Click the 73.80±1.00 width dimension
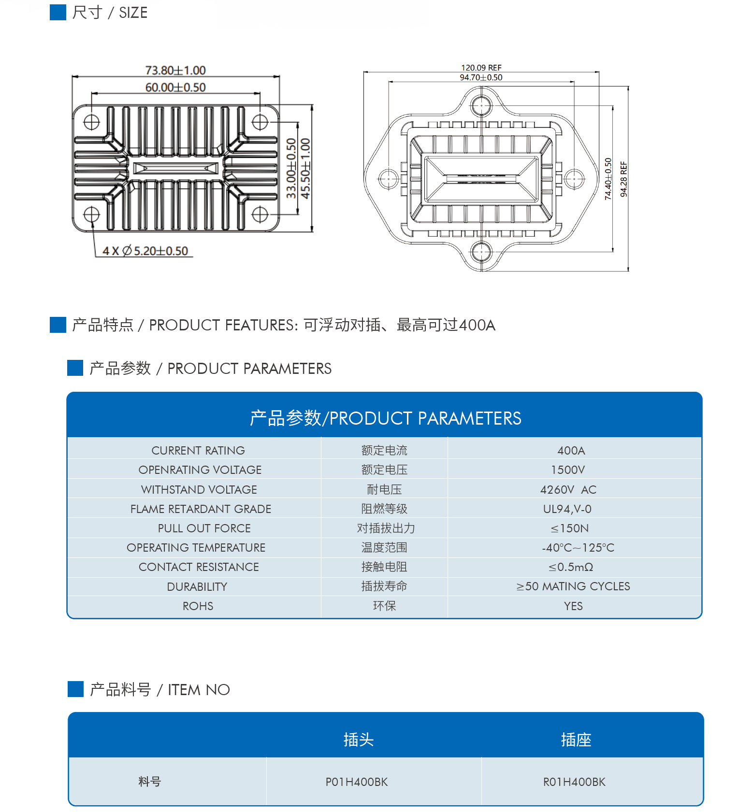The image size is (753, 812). (x=175, y=71)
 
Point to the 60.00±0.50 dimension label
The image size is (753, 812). (x=175, y=87)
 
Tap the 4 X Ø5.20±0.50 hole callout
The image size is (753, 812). (x=145, y=251)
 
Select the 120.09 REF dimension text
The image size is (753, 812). (x=481, y=68)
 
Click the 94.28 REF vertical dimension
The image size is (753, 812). (x=623, y=179)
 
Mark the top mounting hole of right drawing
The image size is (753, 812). (x=481, y=105)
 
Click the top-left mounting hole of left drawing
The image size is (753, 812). (x=91, y=122)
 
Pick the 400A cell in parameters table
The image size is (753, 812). (x=571, y=451)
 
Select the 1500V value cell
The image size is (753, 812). (x=568, y=470)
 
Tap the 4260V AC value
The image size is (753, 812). (x=568, y=490)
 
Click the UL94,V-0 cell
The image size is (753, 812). (x=567, y=509)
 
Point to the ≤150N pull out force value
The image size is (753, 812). (x=569, y=528)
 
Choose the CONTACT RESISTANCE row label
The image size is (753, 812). (x=199, y=567)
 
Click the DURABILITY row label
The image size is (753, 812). (x=197, y=587)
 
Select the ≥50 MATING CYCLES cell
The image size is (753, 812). (x=573, y=586)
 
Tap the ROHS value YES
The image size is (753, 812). (x=573, y=606)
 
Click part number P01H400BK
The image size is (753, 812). (x=357, y=782)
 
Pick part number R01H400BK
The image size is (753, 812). (x=574, y=782)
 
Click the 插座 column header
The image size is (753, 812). (x=576, y=740)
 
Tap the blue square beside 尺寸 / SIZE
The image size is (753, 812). (x=58, y=12)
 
